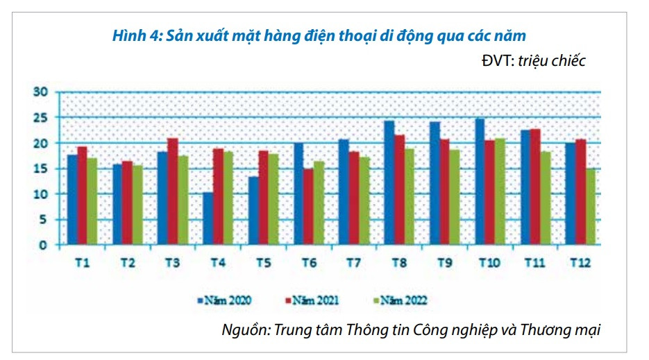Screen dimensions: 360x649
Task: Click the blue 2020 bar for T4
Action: (x=208, y=218)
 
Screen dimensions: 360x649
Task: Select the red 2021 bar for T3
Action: (x=173, y=191)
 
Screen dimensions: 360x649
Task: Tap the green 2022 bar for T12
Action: (x=590, y=207)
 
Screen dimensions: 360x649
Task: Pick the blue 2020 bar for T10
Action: (x=480, y=182)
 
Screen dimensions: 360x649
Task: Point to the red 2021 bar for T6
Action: (x=308, y=207)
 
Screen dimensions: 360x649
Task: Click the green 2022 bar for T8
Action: (x=410, y=196)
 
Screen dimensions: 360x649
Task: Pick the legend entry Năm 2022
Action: (x=402, y=300)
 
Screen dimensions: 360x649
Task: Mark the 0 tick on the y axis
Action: (x=43, y=245)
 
